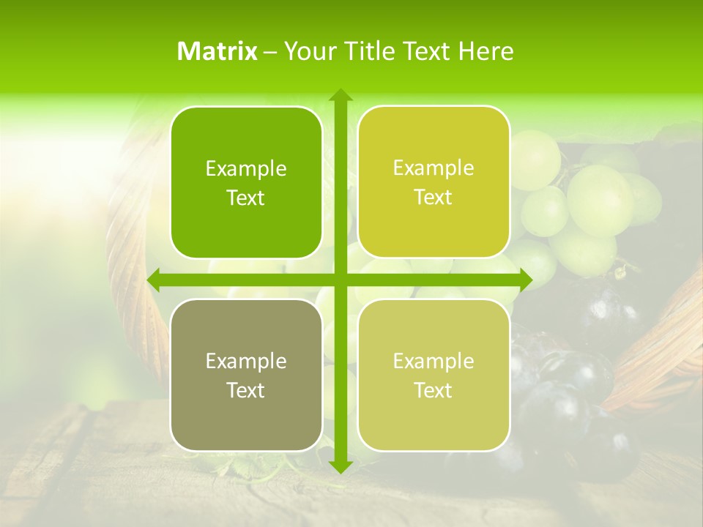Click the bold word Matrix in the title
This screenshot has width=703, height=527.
(x=217, y=51)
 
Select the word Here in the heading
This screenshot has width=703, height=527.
(x=486, y=51)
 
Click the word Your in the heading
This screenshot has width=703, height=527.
(x=308, y=51)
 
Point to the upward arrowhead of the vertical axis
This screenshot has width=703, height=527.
(x=341, y=95)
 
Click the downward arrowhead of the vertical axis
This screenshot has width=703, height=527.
(x=341, y=466)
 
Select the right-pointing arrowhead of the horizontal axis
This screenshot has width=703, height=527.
(x=525, y=280)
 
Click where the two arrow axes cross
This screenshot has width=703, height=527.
(x=341, y=280)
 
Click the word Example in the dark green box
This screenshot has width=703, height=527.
(x=246, y=169)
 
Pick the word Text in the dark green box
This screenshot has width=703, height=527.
(x=246, y=198)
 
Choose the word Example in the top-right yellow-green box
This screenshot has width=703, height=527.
(x=434, y=168)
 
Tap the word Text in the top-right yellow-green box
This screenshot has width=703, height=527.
(x=434, y=198)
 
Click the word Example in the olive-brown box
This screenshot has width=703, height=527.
(x=246, y=361)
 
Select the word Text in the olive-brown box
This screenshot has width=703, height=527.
(x=246, y=390)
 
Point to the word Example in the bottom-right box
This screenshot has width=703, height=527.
(x=434, y=361)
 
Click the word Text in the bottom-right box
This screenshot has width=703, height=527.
(x=434, y=390)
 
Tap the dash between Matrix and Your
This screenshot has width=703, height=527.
(x=270, y=52)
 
